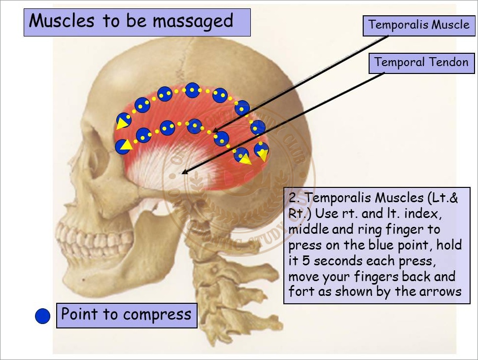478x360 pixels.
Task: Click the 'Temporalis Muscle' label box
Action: point(419,25)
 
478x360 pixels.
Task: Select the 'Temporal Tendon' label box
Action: point(421,63)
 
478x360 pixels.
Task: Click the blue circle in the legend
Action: point(43,316)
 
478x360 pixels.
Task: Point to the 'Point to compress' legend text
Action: point(126,314)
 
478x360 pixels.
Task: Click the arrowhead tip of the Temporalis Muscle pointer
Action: point(215,134)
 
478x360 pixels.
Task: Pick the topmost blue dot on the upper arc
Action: point(192,90)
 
